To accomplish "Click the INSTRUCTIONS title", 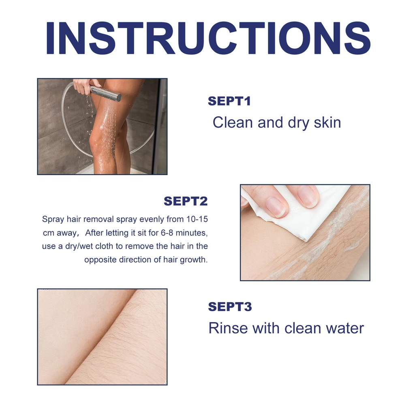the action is [208, 38].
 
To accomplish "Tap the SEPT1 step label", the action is [229, 101].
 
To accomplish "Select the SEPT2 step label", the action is [186, 201].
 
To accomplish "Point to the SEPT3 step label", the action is [230, 307].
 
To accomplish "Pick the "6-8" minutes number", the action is [167, 233].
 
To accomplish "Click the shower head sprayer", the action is [106, 93].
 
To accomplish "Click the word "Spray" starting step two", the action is [53, 219].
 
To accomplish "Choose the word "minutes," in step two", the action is [192, 233].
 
